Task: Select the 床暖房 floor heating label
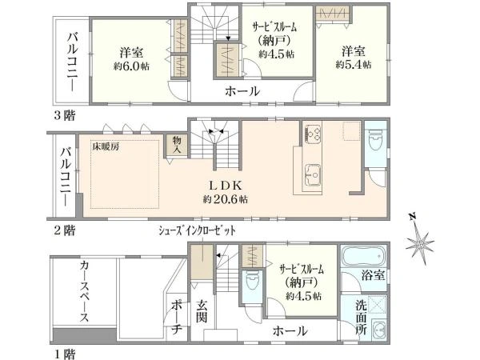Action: (105, 147)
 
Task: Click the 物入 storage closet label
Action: (176, 145)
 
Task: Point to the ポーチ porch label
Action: (178, 317)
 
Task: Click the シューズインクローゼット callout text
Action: (198, 230)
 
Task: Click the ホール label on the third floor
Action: (242, 91)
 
